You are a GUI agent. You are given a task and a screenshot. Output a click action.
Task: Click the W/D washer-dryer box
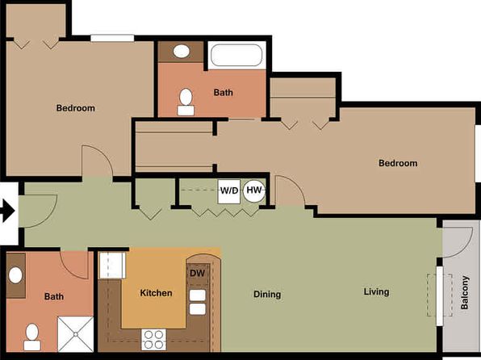pos(229,191)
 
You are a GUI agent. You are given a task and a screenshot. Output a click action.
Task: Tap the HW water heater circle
pos(254,190)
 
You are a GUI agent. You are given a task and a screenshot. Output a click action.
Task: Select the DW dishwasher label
pos(197,273)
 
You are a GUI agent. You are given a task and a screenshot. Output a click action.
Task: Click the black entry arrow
pos(7,211)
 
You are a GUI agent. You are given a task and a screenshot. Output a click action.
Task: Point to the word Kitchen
pos(156,293)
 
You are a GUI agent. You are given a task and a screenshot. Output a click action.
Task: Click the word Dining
pos(267,295)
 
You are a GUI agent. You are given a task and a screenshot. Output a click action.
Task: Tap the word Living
pos(376,291)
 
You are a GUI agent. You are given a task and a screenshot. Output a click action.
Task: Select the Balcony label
pos(465,292)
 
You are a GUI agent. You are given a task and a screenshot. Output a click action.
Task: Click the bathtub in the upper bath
pos(236,55)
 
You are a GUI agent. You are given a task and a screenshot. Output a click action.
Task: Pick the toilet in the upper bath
pos(186,102)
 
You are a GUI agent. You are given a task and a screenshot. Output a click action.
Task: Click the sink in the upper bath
pos(182,51)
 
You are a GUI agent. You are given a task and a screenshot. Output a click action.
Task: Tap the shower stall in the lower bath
pos(76,334)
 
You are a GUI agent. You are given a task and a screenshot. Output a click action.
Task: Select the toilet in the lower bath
pos(32,337)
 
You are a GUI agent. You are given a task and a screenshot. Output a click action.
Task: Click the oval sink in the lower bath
pos(15,275)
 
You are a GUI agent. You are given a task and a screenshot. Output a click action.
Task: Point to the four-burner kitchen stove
pos(153,340)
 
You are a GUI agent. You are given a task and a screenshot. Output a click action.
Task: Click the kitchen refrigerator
pos(112,266)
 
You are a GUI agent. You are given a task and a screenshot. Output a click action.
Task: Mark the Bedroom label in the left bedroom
pos(76,108)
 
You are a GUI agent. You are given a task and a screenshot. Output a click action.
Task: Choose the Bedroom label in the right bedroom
pos(398,163)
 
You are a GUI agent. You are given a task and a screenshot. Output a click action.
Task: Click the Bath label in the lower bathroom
pos(54,296)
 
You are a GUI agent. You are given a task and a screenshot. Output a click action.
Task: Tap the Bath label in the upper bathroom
pos(223,92)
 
